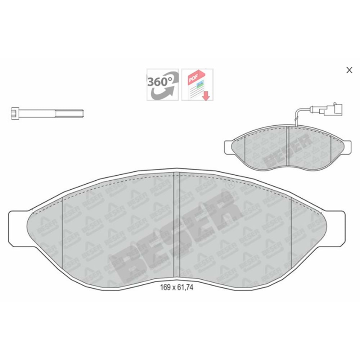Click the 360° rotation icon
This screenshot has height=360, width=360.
click(162, 85)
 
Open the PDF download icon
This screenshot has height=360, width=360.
click(197, 85)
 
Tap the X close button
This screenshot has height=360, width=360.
click(349, 70)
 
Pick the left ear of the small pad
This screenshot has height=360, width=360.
click(229, 147)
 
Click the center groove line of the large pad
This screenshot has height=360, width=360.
click(174, 227)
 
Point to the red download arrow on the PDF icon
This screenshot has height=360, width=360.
click(206, 96)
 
